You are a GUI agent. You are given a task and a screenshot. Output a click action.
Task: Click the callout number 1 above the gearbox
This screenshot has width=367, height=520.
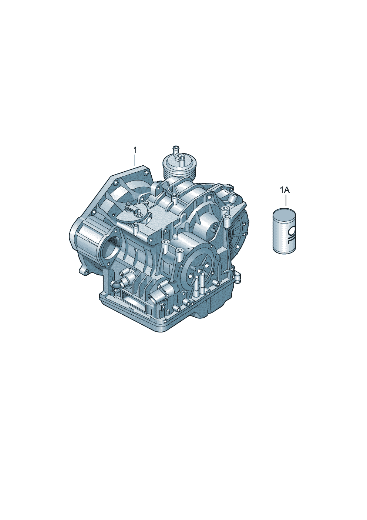[x=135, y=150]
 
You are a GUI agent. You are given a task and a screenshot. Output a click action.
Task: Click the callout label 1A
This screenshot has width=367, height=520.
[x=285, y=191]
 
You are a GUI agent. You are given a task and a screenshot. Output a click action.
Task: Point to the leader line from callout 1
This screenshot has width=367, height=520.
[x=135, y=160]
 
